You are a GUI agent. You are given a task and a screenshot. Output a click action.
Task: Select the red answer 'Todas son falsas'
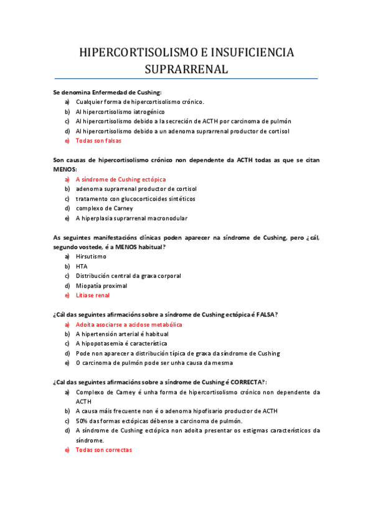click(x=98, y=141)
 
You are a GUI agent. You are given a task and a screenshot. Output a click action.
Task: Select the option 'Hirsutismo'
click(x=91, y=256)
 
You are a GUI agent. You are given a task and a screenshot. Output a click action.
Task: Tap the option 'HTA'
click(x=82, y=266)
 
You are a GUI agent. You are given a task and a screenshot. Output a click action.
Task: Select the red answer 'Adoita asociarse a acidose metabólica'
click(x=129, y=324)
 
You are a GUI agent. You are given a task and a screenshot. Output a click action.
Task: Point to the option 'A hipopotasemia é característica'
click(x=121, y=344)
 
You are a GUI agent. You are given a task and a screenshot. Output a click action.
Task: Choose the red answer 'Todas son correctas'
click(x=104, y=450)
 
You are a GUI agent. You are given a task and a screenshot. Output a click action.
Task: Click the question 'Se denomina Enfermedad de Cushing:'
click(x=107, y=92)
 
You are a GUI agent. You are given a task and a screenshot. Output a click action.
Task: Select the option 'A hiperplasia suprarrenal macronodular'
click(x=131, y=218)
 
